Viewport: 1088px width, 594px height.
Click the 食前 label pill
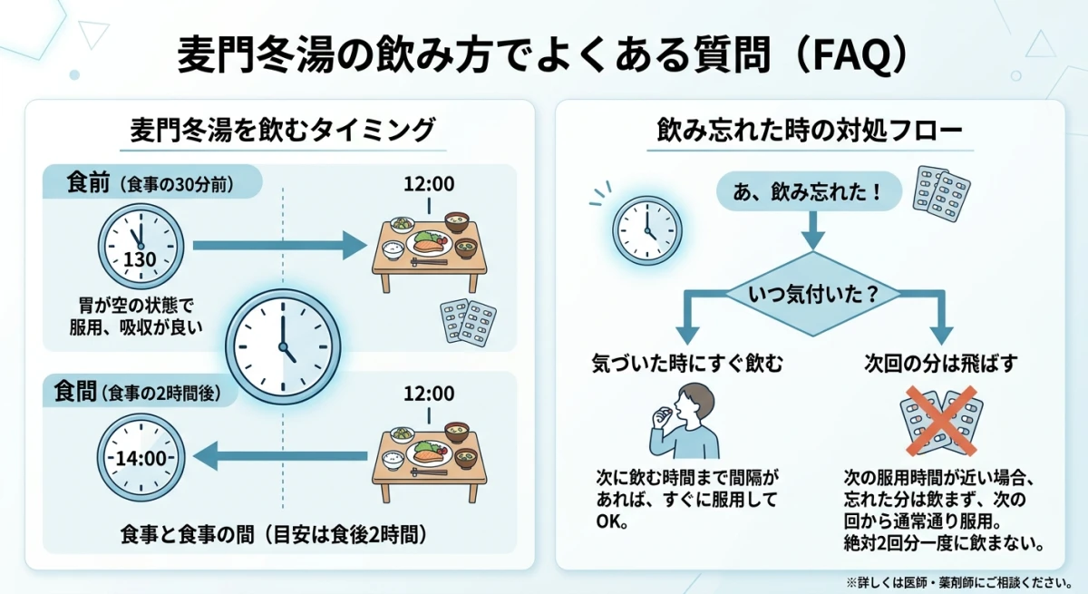pyautogui.click(x=151, y=182)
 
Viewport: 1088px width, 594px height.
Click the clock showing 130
pyautogui.click(x=141, y=246)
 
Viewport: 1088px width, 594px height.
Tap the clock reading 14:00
pyautogui.click(x=141, y=458)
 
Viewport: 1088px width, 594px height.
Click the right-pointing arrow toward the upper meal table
pyautogui.click(x=277, y=244)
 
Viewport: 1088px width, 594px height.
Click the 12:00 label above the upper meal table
pyautogui.click(x=429, y=184)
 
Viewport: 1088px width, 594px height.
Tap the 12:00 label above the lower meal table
pyautogui.click(x=429, y=394)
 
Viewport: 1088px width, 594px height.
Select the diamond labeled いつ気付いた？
pyautogui.click(x=811, y=294)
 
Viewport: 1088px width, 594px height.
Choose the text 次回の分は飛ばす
pyautogui.click(x=940, y=364)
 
